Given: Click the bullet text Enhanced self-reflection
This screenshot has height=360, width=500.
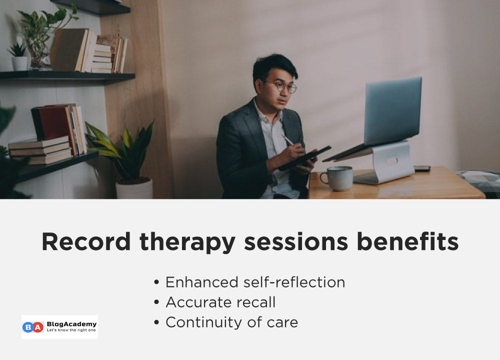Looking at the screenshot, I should coord(255,282).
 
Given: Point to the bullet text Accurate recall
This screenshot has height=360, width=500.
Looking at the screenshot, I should coord(220,302).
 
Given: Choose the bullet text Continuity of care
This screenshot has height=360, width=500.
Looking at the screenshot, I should coord(231,322).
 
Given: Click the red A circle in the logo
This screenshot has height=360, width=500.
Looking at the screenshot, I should coord(38,327).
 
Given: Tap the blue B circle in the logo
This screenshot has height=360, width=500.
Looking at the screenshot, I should coord(28,327).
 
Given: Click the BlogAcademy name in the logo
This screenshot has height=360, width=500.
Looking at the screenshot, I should coord(71,324).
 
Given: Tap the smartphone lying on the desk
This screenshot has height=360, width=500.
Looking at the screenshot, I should coord(422,168).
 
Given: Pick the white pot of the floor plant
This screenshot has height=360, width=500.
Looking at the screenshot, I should coord(134,188).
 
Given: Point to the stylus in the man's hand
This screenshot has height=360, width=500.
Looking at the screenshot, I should coord(288,141).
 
